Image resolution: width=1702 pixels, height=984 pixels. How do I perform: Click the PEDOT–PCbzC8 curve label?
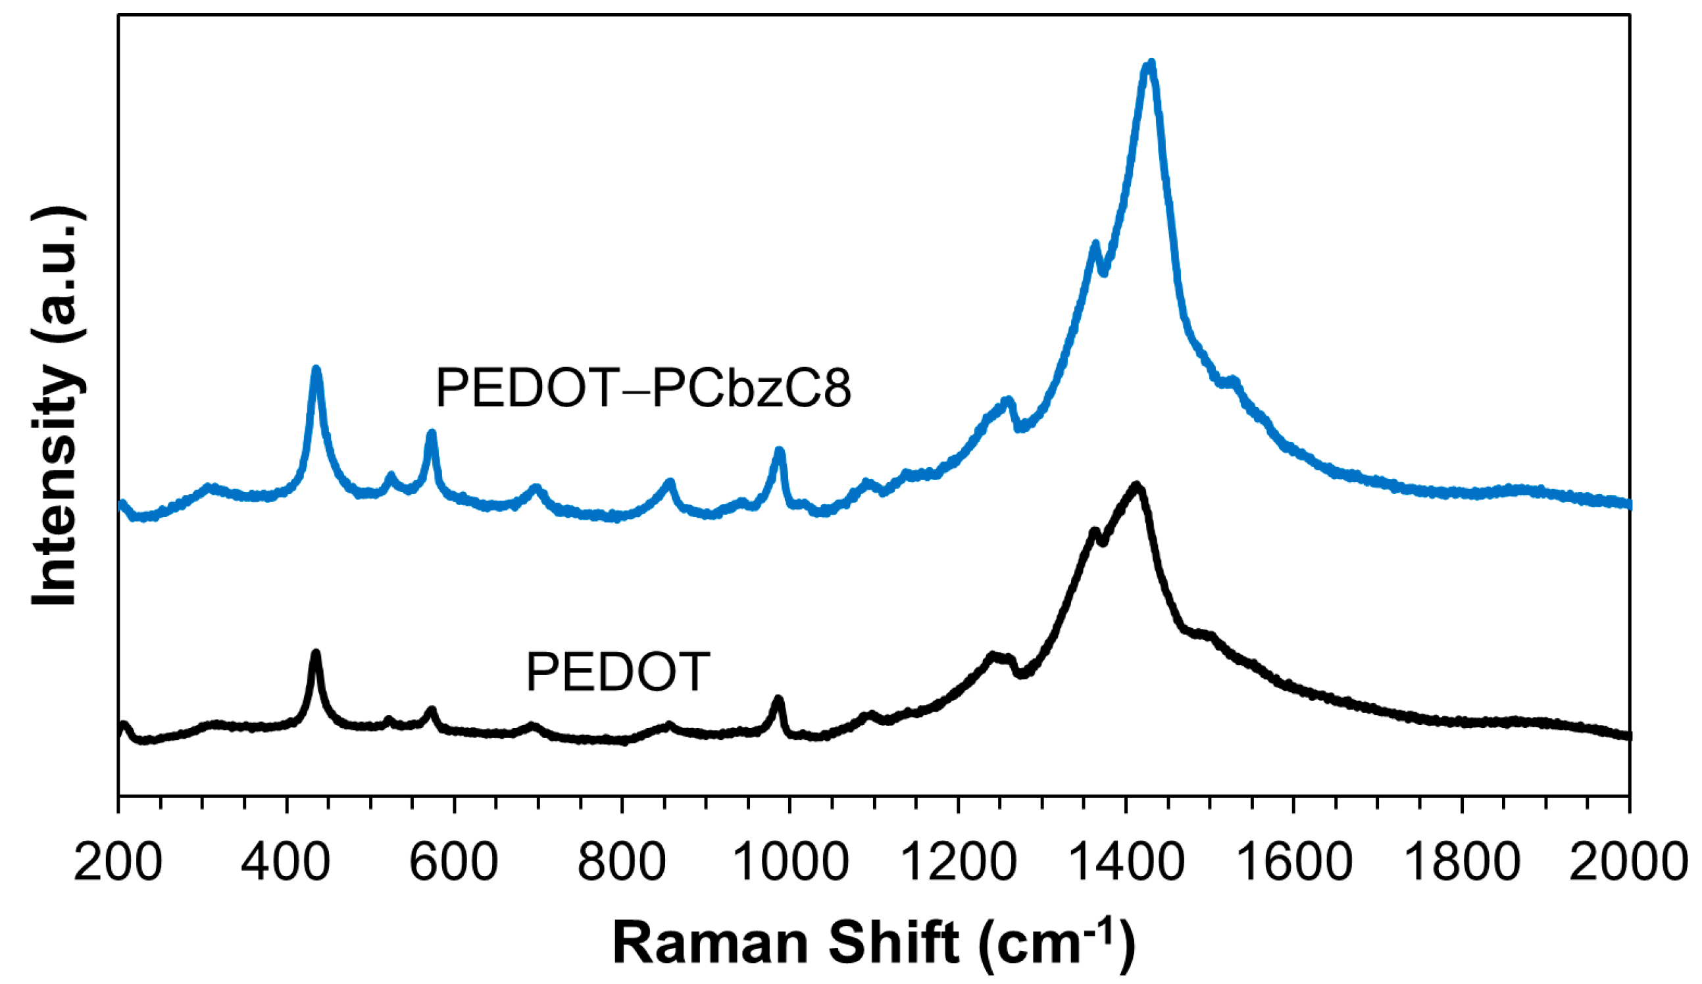point(643,387)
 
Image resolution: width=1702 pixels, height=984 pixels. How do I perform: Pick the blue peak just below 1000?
point(780,450)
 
